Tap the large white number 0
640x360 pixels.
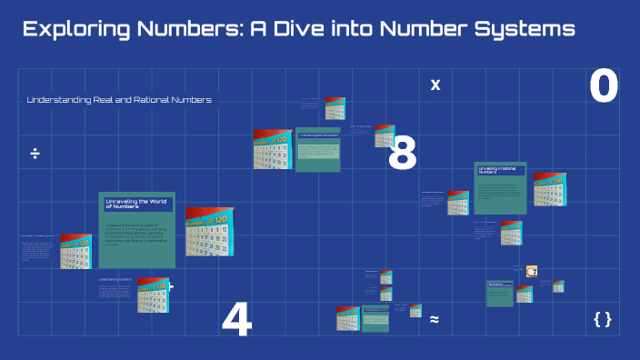click(604, 87)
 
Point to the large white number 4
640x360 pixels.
click(236, 321)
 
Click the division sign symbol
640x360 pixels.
click(35, 153)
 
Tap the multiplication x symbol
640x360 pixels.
click(435, 85)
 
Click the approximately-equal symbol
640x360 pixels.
click(435, 319)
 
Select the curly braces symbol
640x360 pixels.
click(602, 319)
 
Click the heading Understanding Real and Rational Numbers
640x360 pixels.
click(119, 100)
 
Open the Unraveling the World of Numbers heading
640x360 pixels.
click(133, 204)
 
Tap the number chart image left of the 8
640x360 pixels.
click(273, 149)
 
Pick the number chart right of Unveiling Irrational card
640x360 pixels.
click(550, 189)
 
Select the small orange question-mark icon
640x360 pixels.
click(532, 271)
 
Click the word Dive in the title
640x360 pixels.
click(305, 29)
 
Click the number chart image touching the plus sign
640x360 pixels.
click(153, 295)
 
